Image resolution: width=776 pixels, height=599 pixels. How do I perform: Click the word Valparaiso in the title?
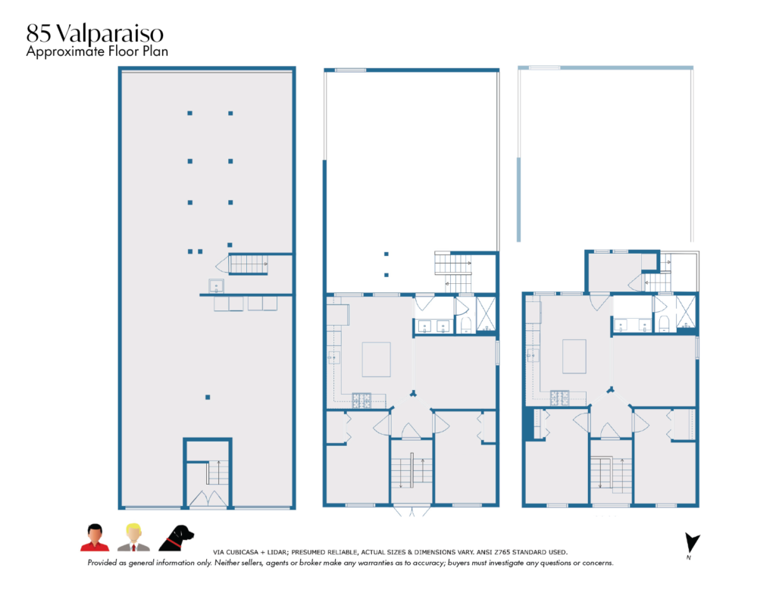click(x=109, y=33)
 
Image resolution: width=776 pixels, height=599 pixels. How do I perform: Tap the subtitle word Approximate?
click(x=65, y=52)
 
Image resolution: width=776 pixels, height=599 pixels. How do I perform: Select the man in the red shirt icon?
click(x=95, y=538)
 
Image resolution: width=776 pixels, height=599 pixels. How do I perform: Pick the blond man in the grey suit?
click(x=133, y=538)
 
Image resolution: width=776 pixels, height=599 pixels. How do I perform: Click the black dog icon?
click(x=176, y=538)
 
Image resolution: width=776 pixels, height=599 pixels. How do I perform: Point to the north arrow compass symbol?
click(x=691, y=544)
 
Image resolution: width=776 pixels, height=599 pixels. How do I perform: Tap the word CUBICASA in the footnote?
click(x=239, y=553)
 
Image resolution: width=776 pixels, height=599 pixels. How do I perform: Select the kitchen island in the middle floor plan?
click(x=376, y=360)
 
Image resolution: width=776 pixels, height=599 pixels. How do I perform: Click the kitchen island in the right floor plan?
click(x=574, y=357)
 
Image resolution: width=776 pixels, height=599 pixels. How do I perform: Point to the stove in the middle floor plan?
click(x=361, y=400)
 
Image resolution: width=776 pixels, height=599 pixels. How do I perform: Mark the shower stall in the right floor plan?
click(x=686, y=313)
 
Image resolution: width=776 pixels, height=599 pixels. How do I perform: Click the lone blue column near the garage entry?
click(x=208, y=398)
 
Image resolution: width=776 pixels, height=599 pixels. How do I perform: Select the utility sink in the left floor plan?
click(x=216, y=286)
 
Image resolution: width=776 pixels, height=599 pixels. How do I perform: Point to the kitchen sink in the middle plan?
click(x=333, y=357)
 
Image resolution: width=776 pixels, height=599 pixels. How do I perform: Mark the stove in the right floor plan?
click(x=560, y=398)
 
